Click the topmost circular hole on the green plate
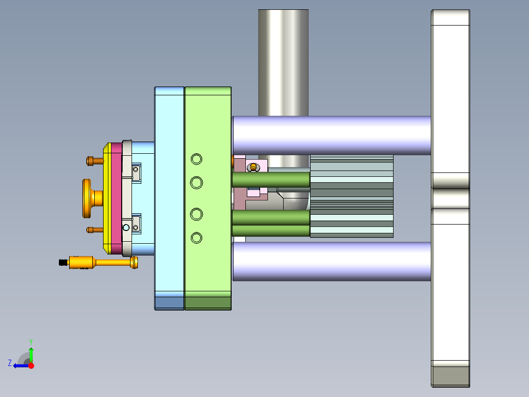point(196,159)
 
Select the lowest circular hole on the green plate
point(196,238)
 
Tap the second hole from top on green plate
point(196,183)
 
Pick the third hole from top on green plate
point(196,214)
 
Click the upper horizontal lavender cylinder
point(332,136)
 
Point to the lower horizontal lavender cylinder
point(332,261)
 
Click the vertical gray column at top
point(284,63)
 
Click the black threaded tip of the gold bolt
point(63,262)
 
